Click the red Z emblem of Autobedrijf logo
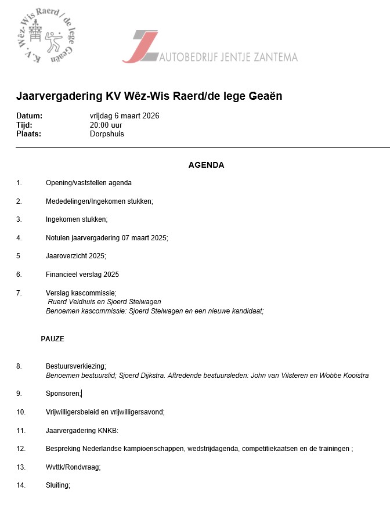pyautogui.click(x=141, y=46)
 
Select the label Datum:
pyautogui.click(x=29, y=116)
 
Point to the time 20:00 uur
pyautogui.click(x=106, y=125)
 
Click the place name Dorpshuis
pyautogui.click(x=107, y=134)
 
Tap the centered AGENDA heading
pyautogui.click(x=206, y=165)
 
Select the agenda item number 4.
pyautogui.click(x=19, y=238)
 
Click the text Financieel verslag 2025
pyautogui.click(x=82, y=275)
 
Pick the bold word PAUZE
pyautogui.click(x=52, y=339)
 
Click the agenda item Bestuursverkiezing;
pyautogui.click(x=76, y=366)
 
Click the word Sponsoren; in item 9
pyautogui.click(x=63, y=394)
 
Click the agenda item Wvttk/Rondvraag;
pyautogui.click(x=73, y=467)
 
